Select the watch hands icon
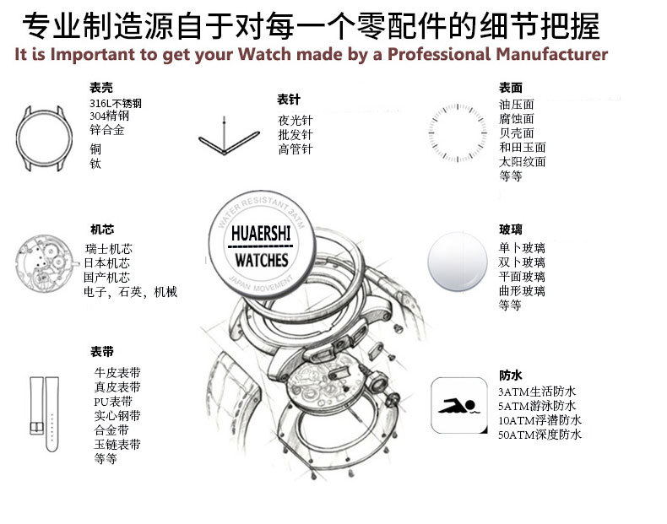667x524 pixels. click(223, 138)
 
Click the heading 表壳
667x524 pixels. click(101, 87)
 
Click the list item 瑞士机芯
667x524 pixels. click(108, 249)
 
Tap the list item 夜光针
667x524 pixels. click(296, 120)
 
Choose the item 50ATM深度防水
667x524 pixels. click(540, 435)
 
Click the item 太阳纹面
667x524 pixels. click(523, 161)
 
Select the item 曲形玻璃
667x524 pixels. click(522, 290)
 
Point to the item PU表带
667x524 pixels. click(113, 401)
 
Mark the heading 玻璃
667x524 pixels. click(511, 229)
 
